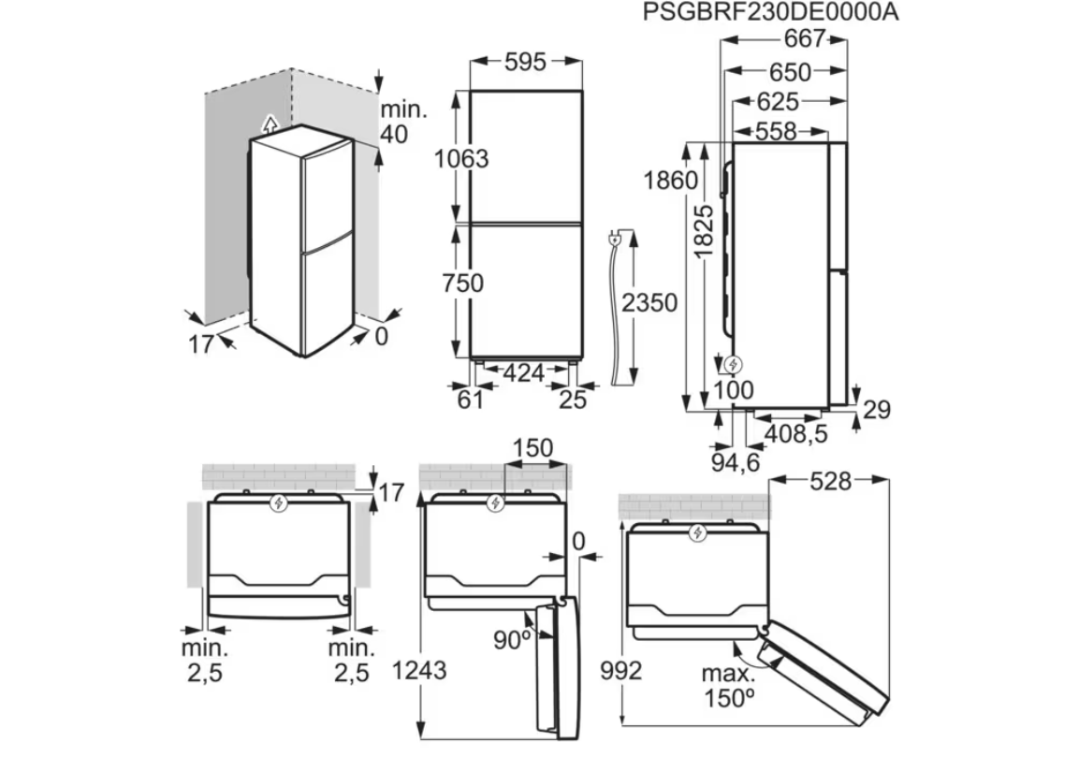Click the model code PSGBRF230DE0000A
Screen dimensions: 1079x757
click(771, 12)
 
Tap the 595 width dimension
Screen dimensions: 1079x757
click(526, 62)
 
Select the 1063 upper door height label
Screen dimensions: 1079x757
click(461, 158)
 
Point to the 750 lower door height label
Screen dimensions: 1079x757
click(463, 283)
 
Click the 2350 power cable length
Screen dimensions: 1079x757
click(649, 303)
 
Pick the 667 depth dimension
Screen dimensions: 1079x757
click(805, 38)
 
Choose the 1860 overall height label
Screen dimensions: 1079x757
click(671, 181)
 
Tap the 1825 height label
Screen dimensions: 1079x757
click(705, 231)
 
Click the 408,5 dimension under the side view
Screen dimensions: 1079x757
click(796, 433)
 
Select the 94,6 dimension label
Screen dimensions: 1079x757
click(736, 462)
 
